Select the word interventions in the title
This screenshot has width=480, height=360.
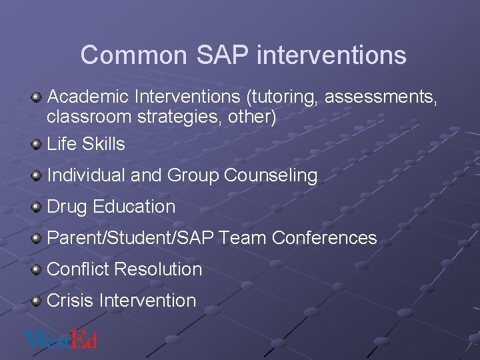331,55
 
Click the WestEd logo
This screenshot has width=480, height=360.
61,339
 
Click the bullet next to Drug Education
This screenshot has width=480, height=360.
37,207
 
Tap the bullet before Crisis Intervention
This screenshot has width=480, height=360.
37,301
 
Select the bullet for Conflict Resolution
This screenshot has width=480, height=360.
37,269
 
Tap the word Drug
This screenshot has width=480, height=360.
67,207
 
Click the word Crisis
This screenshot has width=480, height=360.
70,301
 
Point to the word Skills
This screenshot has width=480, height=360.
103,144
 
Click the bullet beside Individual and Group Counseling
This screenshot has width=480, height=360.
37,175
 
